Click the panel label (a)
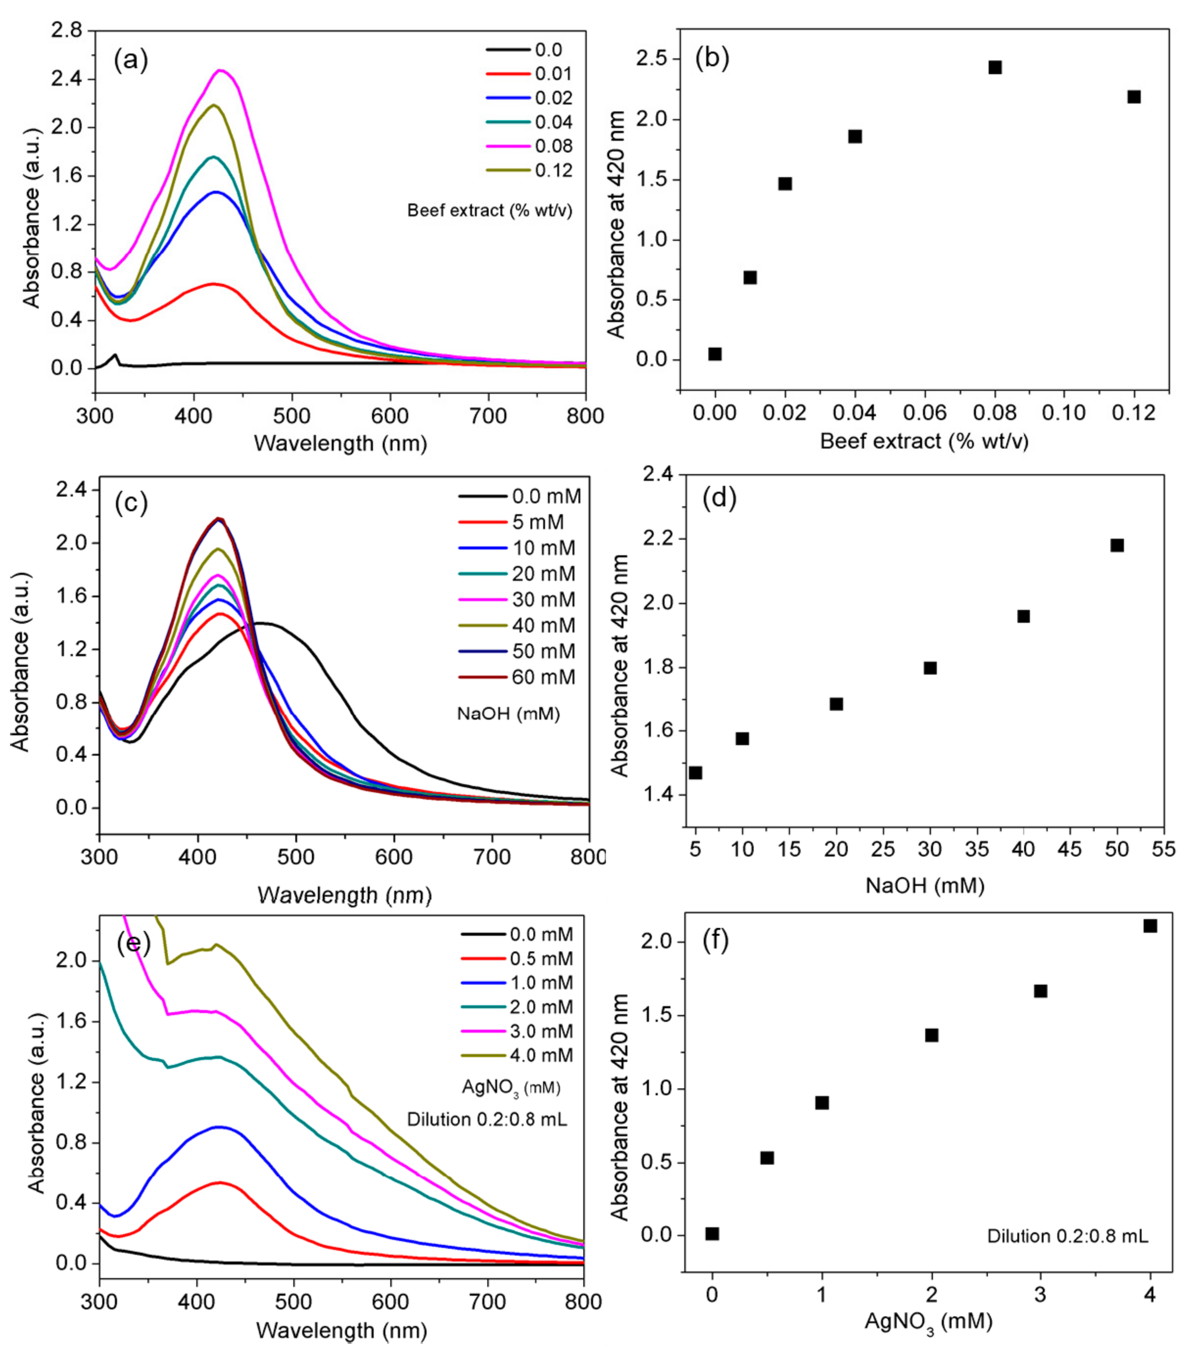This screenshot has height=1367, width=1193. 131,60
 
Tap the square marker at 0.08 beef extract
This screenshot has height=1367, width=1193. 995,67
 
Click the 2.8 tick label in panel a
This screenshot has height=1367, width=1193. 67,31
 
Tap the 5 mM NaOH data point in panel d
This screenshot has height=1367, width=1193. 696,773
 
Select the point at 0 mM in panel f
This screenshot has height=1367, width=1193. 712,1234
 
